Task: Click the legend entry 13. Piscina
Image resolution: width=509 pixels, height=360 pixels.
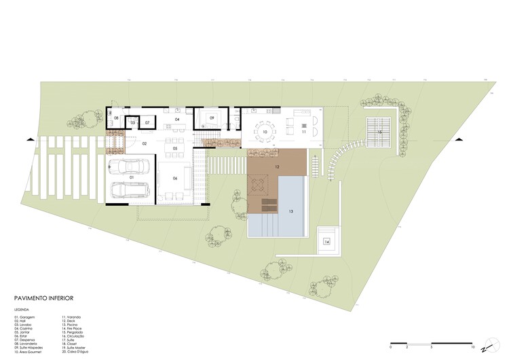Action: (72, 325)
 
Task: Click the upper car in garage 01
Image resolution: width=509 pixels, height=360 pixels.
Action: (129, 166)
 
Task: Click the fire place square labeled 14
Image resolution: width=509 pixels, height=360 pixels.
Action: (326, 241)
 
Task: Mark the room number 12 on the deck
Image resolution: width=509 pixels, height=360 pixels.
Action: (277, 166)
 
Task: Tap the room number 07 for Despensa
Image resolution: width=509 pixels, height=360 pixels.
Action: (147, 123)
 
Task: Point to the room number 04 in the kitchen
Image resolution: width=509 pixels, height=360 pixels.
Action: (176, 119)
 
